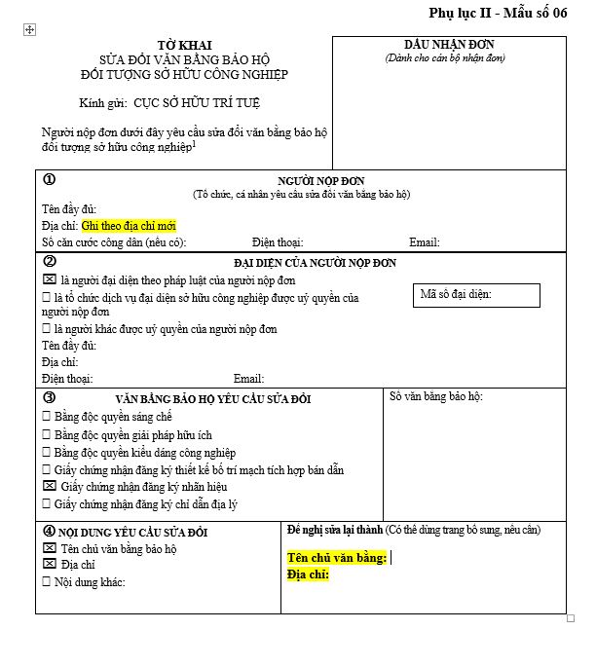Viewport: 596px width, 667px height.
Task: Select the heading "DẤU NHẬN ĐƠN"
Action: click(449, 45)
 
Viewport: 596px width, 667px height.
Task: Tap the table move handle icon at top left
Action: click(29, 30)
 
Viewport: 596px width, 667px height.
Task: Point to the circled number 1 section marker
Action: click(50, 179)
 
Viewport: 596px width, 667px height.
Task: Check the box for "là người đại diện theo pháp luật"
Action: click(49, 280)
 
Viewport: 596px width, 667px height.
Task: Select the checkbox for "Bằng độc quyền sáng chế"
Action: click(48, 417)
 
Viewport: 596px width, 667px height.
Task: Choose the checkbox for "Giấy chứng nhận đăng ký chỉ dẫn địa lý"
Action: click(48, 503)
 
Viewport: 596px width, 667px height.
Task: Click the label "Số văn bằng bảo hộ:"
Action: click(435, 396)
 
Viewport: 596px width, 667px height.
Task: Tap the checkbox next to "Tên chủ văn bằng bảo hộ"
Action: click(49, 548)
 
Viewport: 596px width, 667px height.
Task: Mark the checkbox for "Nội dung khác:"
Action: click(48, 581)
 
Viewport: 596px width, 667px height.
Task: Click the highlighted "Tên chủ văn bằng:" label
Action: click(337, 558)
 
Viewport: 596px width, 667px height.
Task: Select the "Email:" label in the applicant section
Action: click(424, 242)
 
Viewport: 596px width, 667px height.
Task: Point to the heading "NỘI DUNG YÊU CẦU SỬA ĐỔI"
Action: click(133, 533)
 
